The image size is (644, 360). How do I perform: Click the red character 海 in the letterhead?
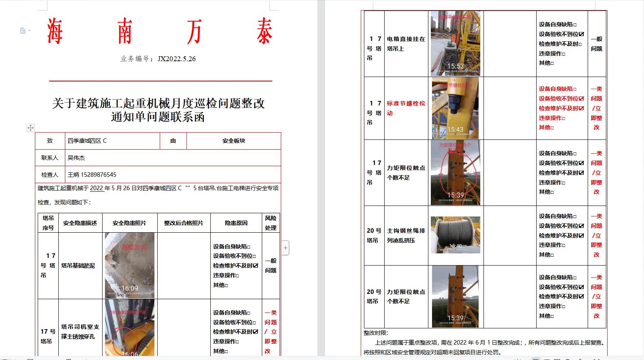click(55, 31)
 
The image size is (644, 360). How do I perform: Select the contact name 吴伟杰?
click(76, 158)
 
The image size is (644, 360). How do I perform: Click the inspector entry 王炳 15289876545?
click(92, 175)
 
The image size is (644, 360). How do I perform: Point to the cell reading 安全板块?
click(233, 141)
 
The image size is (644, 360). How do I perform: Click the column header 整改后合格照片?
click(184, 223)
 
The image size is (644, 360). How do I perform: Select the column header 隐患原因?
click(236, 223)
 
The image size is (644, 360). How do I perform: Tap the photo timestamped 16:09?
click(129, 266)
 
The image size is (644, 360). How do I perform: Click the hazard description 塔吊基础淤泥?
click(78, 266)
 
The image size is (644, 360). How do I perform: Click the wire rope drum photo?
click(456, 235)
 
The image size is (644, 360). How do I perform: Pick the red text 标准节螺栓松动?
click(406, 108)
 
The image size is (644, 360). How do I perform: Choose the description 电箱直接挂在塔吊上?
click(406, 44)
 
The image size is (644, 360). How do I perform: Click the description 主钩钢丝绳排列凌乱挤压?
click(406, 236)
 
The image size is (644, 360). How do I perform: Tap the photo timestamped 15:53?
click(456, 44)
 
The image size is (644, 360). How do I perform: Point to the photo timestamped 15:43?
click(455, 108)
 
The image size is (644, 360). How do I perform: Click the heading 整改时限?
click(376, 333)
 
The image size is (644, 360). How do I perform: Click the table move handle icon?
click(30, 128)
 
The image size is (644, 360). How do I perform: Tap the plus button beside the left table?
click(286, 247)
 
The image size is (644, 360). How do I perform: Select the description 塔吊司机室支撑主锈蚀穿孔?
click(80, 332)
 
